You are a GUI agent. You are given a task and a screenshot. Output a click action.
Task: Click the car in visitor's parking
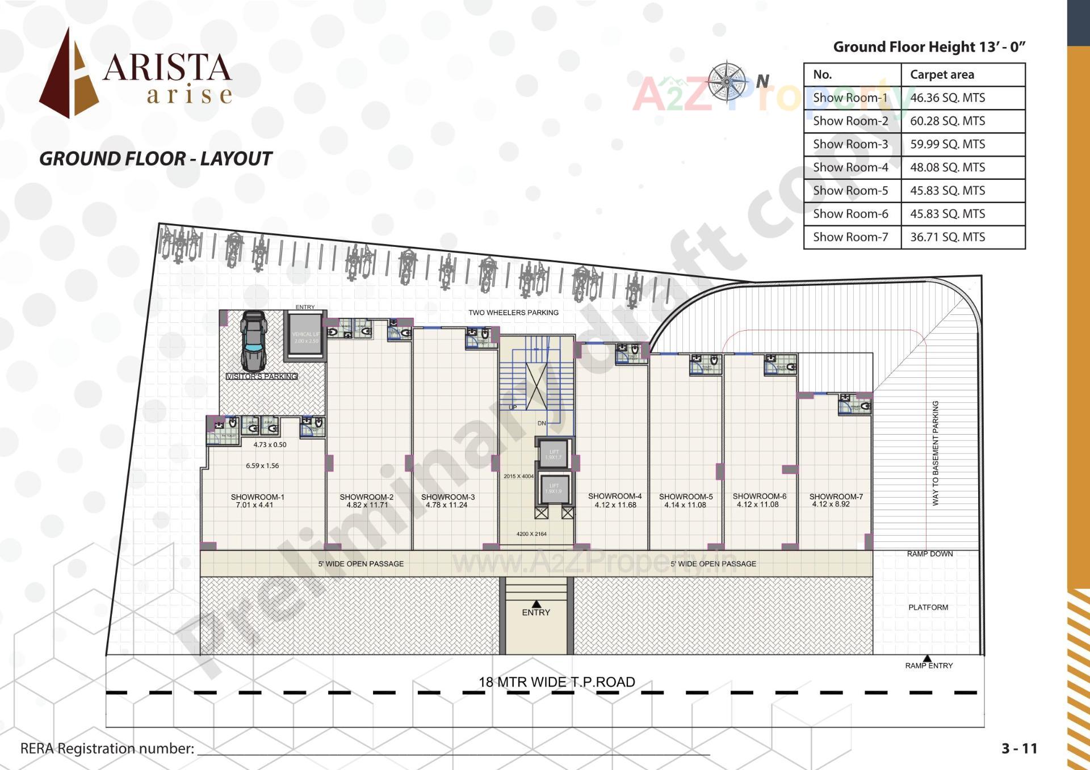[x=253, y=340]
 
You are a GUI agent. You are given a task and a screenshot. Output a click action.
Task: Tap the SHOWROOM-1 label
[x=257, y=496]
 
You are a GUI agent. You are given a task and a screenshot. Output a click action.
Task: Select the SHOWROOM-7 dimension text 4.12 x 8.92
[x=831, y=504]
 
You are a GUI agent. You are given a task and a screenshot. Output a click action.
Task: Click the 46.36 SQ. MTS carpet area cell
[x=947, y=98]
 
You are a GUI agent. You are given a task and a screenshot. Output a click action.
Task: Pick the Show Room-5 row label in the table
[x=850, y=191]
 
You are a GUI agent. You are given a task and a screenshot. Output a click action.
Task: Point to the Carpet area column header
[x=941, y=74]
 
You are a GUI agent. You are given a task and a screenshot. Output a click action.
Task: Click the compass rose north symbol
[x=727, y=82]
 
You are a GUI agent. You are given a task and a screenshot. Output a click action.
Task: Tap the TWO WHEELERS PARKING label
[x=513, y=313]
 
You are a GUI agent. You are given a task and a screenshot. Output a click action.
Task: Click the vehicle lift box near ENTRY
[x=305, y=337]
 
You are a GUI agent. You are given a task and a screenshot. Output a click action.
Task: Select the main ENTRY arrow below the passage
[x=536, y=604]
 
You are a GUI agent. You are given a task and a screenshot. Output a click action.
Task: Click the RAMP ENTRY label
[x=929, y=666]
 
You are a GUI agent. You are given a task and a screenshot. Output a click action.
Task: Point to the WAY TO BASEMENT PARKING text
[x=936, y=453]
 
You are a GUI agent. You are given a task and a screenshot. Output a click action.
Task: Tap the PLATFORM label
[x=928, y=607]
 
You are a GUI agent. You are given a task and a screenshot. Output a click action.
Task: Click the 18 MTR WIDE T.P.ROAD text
[x=556, y=682]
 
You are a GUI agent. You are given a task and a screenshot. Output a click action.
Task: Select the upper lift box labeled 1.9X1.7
[x=554, y=454]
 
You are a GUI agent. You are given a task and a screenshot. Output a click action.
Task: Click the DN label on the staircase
[x=542, y=423]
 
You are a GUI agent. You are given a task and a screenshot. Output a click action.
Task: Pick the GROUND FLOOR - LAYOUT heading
[x=156, y=159]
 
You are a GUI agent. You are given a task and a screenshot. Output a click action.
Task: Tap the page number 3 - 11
[x=1019, y=748]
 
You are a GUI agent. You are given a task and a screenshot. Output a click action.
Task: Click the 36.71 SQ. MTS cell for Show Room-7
[x=947, y=237]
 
